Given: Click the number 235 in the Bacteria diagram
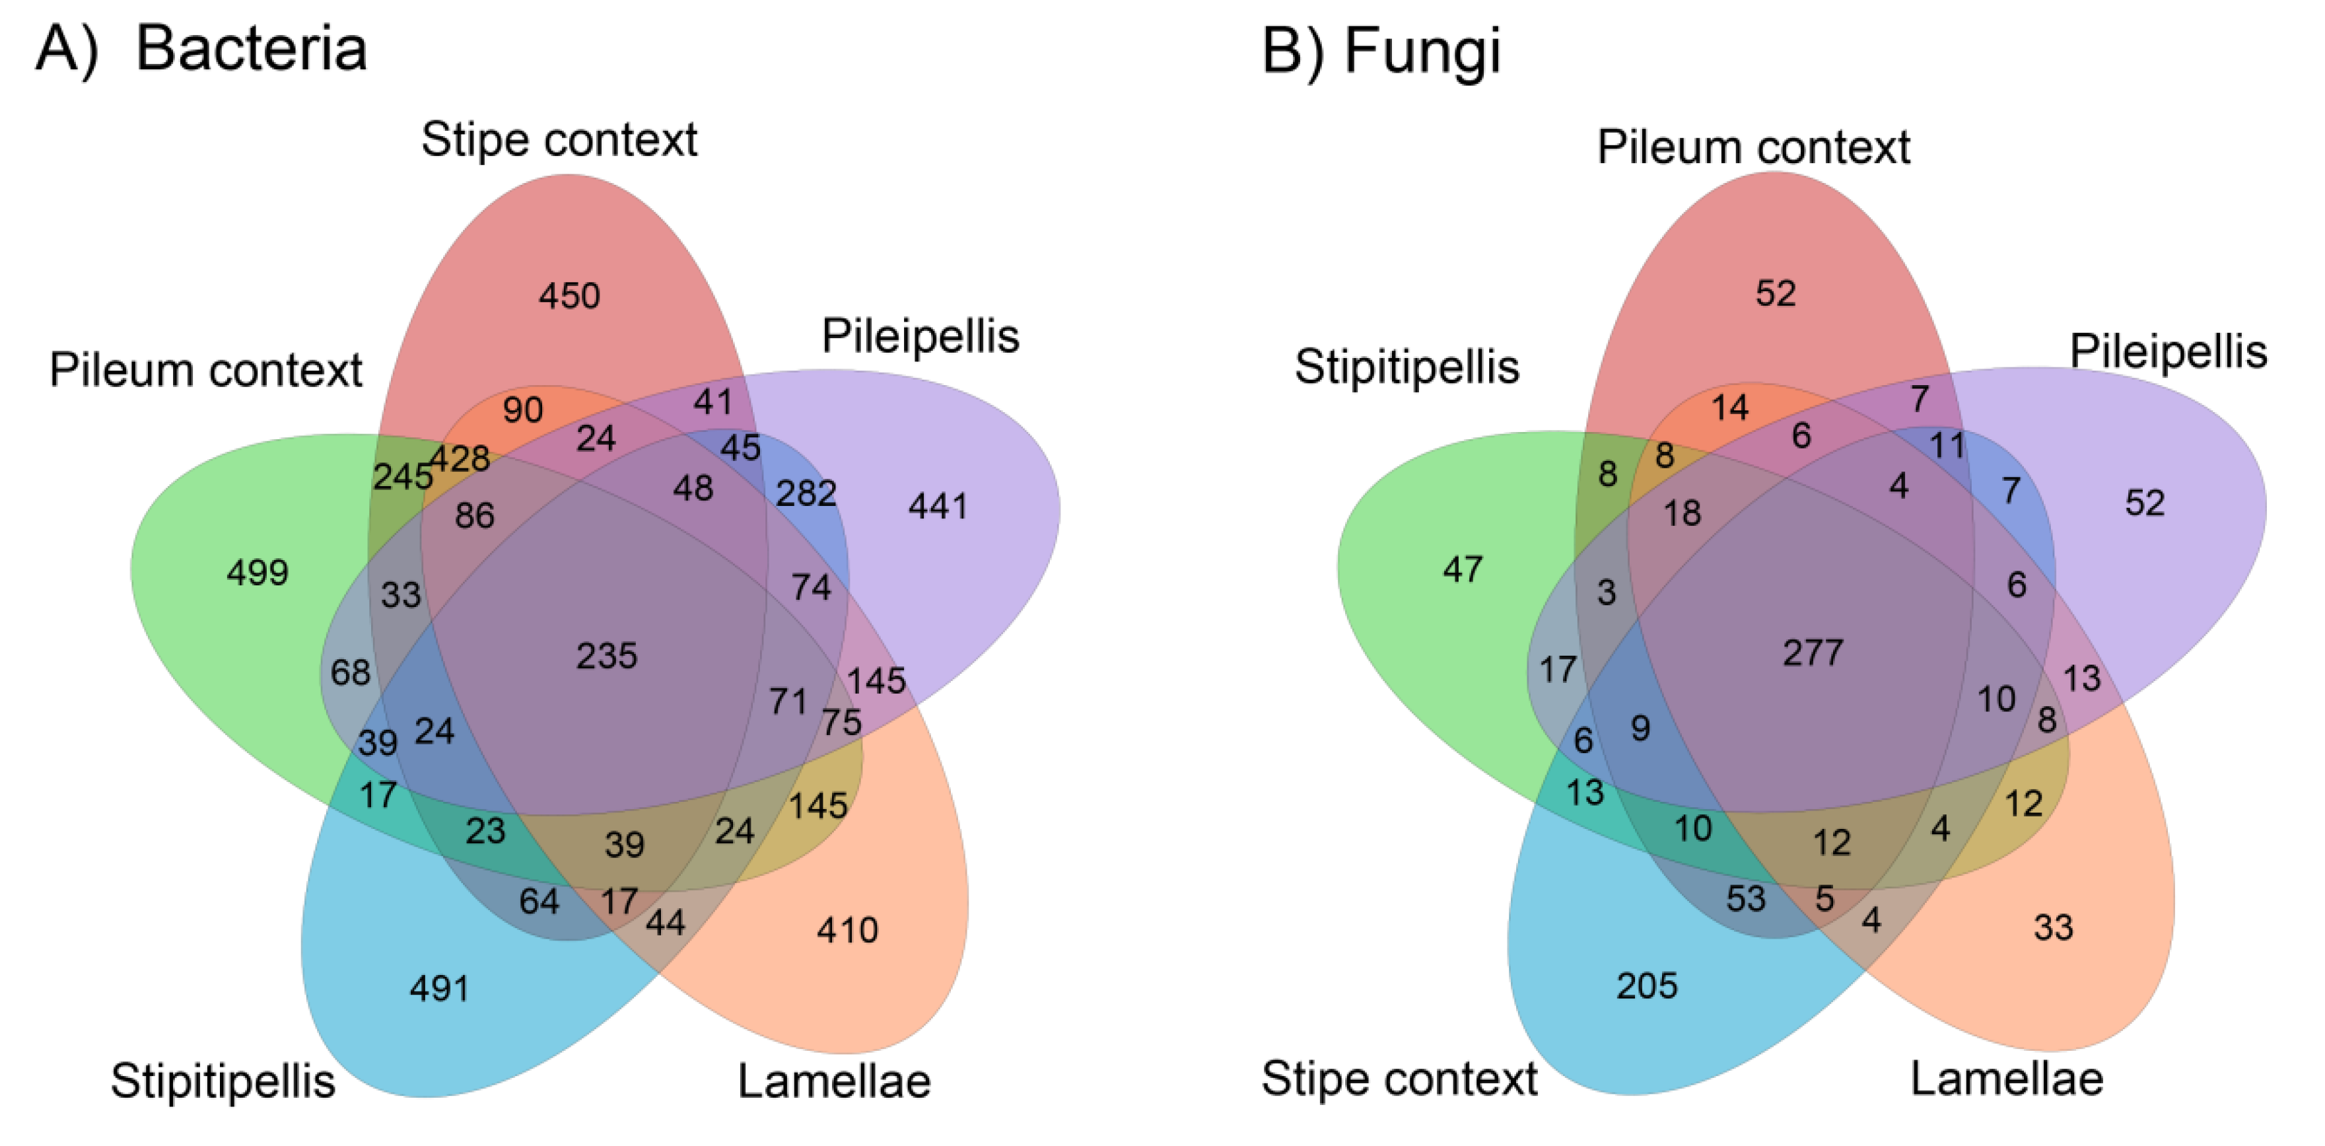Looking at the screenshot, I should click(x=607, y=656).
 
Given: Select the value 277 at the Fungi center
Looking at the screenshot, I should click(x=1813, y=652).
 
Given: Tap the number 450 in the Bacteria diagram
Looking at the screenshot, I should click(x=569, y=295).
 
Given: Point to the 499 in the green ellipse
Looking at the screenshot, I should click(x=258, y=571).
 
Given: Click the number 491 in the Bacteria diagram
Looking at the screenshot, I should click(x=440, y=988).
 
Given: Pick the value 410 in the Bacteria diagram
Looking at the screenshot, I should click(x=847, y=929).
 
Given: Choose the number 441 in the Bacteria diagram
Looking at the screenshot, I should click(x=938, y=506).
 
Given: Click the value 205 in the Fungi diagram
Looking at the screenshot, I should click(x=1646, y=985).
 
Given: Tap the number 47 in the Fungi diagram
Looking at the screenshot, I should click(x=1462, y=569).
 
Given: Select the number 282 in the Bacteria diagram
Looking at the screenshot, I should click(x=806, y=493).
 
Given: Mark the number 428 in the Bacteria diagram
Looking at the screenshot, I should click(x=460, y=458).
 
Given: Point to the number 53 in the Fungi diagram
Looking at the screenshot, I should click(x=1745, y=898).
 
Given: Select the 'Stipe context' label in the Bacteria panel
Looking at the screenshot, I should click(x=559, y=140).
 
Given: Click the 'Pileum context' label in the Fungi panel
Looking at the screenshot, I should click(x=1752, y=147).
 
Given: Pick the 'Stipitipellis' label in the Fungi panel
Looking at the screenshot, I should click(x=1406, y=367).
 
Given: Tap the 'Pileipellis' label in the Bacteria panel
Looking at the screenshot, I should click(x=920, y=336).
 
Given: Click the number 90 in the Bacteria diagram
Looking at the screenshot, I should click(x=522, y=410).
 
